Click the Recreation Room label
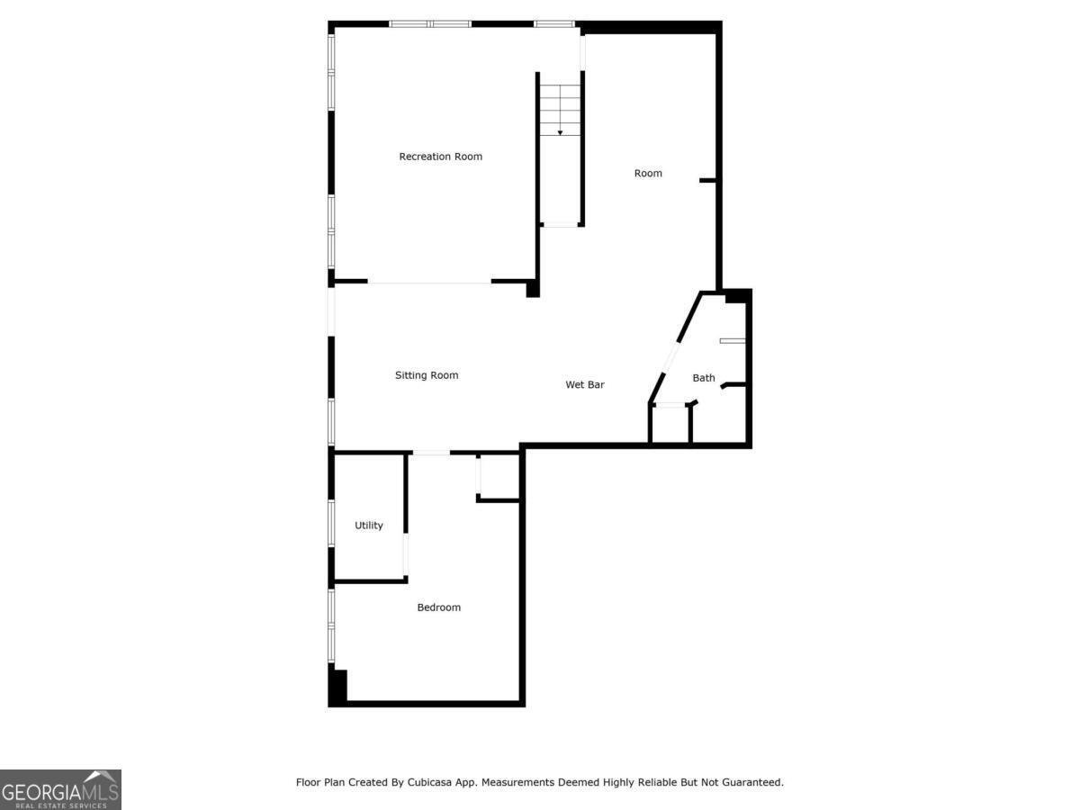pos(440,157)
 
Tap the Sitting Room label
pos(427,375)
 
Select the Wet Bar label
pos(584,384)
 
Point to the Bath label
pos(704,378)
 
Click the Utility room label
pos(368,526)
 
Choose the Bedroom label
pos(439,607)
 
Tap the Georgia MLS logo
pos(60,789)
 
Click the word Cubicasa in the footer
pos(429,782)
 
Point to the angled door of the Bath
pos(670,357)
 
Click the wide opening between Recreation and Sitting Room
pos(429,283)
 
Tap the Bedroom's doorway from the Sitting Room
pos(431,453)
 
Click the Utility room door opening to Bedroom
pos(405,554)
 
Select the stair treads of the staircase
pos(560,110)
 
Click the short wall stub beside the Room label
pos(707,181)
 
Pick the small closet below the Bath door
pos(670,425)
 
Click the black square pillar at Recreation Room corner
pos(533,289)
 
